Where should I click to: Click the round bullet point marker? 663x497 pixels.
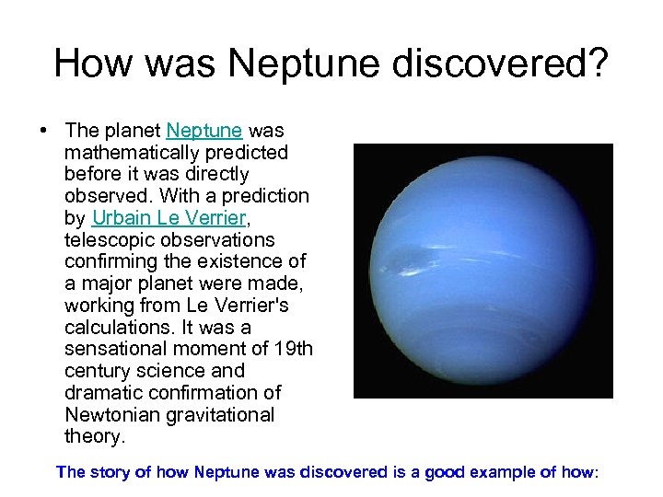pos(44,131)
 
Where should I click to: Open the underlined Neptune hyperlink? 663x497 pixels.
pos(204,131)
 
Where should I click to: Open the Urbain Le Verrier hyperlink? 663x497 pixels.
pos(171,218)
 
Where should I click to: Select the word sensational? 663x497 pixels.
pos(116,349)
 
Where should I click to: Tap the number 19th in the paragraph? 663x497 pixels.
pos(293,349)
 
